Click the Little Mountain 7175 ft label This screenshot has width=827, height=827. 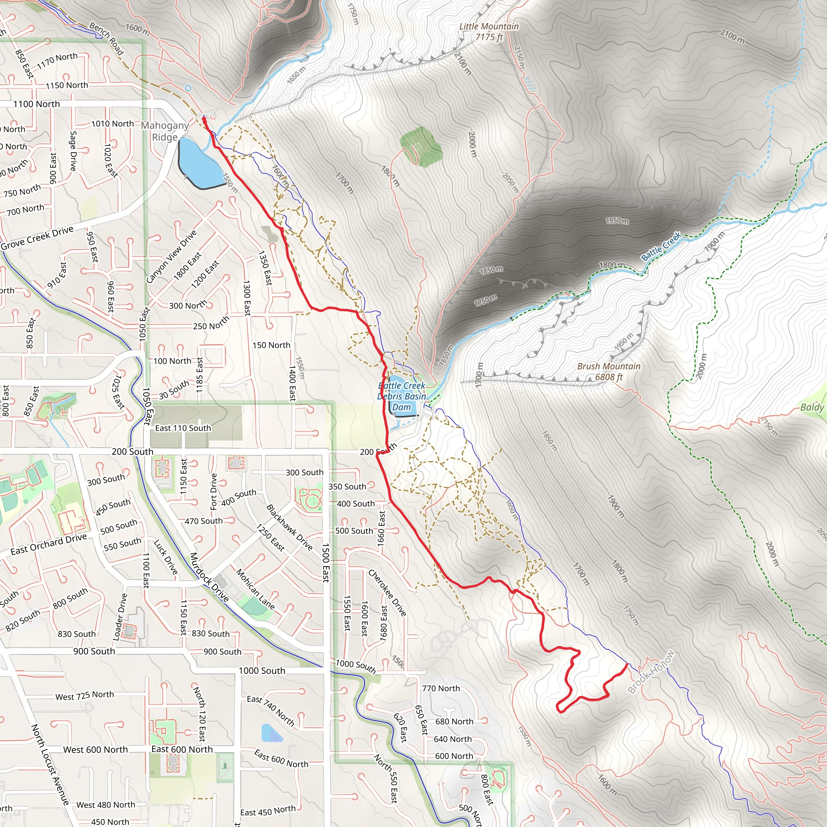489,31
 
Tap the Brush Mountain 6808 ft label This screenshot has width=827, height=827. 608,372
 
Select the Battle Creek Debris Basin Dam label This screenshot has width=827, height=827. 401,397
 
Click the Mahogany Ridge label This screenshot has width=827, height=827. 165,131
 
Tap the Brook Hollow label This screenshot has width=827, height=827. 651,672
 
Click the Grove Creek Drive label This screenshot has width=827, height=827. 37,238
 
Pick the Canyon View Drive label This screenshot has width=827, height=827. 171,256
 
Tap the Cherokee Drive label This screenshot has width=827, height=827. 387,593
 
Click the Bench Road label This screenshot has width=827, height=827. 107,39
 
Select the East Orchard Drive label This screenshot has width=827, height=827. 48,544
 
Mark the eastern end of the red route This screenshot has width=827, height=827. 627,664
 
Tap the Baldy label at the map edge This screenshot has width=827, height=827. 812,407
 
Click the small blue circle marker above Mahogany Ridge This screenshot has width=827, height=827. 188,88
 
